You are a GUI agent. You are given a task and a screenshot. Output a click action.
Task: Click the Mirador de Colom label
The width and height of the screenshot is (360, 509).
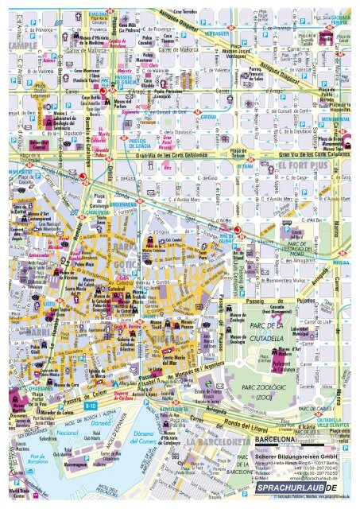[37, 413]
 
